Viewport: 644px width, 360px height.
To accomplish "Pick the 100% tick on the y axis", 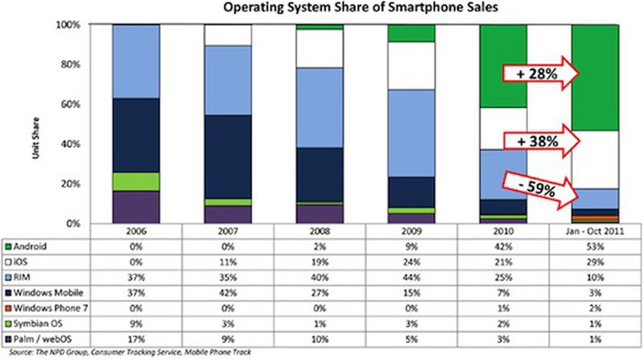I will click(68, 25).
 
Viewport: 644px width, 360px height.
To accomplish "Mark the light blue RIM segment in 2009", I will click(411, 133).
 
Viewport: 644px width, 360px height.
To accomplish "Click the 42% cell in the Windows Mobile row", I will click(227, 292).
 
